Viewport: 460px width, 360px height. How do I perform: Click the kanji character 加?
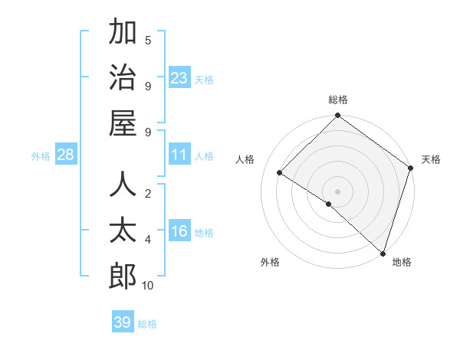pyautogui.click(x=123, y=32)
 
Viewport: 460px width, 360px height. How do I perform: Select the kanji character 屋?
pyautogui.click(x=123, y=123)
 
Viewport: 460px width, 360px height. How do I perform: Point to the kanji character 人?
pyautogui.click(x=123, y=185)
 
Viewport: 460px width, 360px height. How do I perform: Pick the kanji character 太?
pyautogui.click(x=123, y=231)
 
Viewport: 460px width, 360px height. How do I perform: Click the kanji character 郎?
pyautogui.click(x=123, y=276)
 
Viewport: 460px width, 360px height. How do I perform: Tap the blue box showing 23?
pyautogui.click(x=179, y=78)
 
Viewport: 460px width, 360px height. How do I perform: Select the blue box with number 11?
pyautogui.click(x=179, y=155)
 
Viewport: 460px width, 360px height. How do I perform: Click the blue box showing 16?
pyautogui.click(x=179, y=232)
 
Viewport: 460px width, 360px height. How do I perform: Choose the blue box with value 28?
pyautogui.click(x=66, y=155)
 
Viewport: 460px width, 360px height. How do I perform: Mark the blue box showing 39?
pyautogui.click(x=123, y=322)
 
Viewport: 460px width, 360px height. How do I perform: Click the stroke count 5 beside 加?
pyautogui.click(x=148, y=40)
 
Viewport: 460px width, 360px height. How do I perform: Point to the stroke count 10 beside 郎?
pyautogui.click(x=148, y=286)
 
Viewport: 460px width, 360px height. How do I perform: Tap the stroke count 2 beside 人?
pyautogui.click(x=148, y=194)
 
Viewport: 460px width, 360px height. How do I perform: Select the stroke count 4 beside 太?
pyautogui.click(x=148, y=240)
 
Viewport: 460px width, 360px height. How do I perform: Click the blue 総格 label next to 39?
pyautogui.click(x=147, y=324)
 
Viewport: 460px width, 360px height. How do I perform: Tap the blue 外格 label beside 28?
pyautogui.click(x=41, y=156)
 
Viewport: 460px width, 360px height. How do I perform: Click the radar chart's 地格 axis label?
pyautogui.click(x=402, y=262)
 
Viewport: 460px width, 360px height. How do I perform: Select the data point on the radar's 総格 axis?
pyautogui.click(x=337, y=116)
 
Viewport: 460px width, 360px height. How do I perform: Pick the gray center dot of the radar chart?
pyautogui.click(x=337, y=191)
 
